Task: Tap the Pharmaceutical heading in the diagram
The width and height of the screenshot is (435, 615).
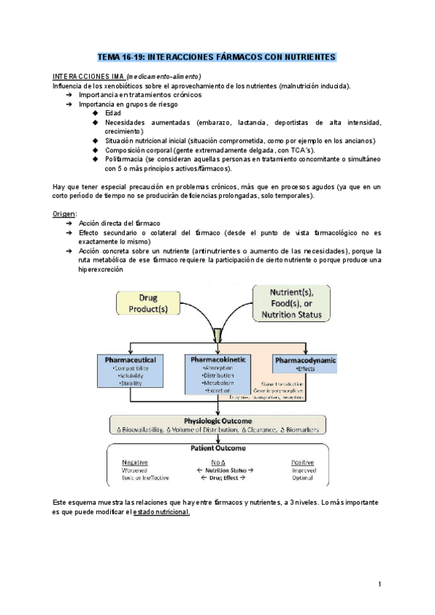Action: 130,360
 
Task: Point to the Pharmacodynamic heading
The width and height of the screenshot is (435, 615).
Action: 304,360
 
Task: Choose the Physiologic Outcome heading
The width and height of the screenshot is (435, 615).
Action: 217,421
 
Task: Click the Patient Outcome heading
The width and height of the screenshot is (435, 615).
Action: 217,448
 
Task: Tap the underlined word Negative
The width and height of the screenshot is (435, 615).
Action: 135,461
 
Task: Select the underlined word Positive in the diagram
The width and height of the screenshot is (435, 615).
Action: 302,461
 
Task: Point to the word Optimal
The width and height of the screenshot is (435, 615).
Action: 302,478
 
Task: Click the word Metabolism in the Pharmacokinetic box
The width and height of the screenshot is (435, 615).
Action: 219,383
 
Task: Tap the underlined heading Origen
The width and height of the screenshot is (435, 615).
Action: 65,214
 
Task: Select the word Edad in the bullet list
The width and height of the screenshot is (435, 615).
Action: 113,113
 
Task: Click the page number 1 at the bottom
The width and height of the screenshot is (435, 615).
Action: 379,584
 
